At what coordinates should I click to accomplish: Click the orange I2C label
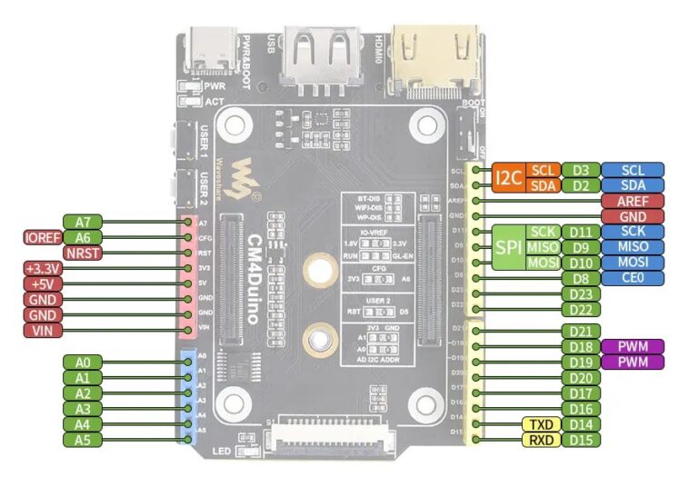[x=508, y=177]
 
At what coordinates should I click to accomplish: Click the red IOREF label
[x=43, y=237]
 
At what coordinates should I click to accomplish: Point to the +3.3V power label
[x=43, y=268]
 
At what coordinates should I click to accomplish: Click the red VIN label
[x=43, y=330]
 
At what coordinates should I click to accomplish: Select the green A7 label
[x=83, y=222]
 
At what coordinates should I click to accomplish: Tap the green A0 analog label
[x=83, y=363]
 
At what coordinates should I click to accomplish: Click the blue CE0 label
[x=632, y=278]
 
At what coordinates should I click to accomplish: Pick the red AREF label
[x=632, y=201]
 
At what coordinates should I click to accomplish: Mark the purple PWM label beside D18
[x=632, y=347]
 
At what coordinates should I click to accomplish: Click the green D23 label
[x=581, y=293]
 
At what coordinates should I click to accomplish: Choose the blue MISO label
[x=632, y=247]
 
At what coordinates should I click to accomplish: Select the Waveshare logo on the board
[x=243, y=176]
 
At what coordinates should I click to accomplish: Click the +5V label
[x=43, y=283]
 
